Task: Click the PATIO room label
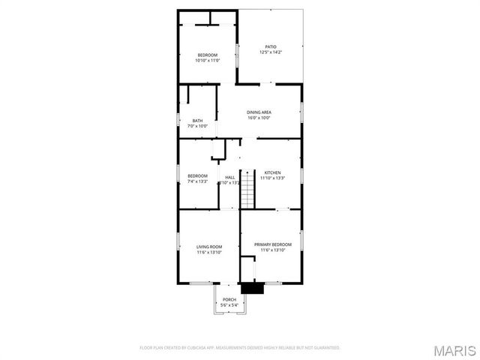coord(270,46)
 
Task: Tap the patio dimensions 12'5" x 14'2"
coord(270,52)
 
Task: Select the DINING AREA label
coord(259,112)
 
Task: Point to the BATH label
coord(197,121)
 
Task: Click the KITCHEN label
coord(271,172)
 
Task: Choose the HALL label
coord(229,177)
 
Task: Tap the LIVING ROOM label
coord(209,245)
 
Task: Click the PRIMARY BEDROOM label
coord(273,245)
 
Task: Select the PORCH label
coord(229,300)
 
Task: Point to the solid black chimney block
coord(250,287)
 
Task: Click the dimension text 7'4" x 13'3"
coord(197,182)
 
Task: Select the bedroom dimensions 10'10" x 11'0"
coord(208,60)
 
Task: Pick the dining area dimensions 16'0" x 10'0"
coord(259,118)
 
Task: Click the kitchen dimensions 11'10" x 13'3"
coord(271,178)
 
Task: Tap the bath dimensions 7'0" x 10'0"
coord(197,126)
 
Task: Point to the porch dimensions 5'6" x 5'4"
coord(229,305)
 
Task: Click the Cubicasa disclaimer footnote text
coord(240,348)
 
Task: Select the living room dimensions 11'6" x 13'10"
coord(209,251)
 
